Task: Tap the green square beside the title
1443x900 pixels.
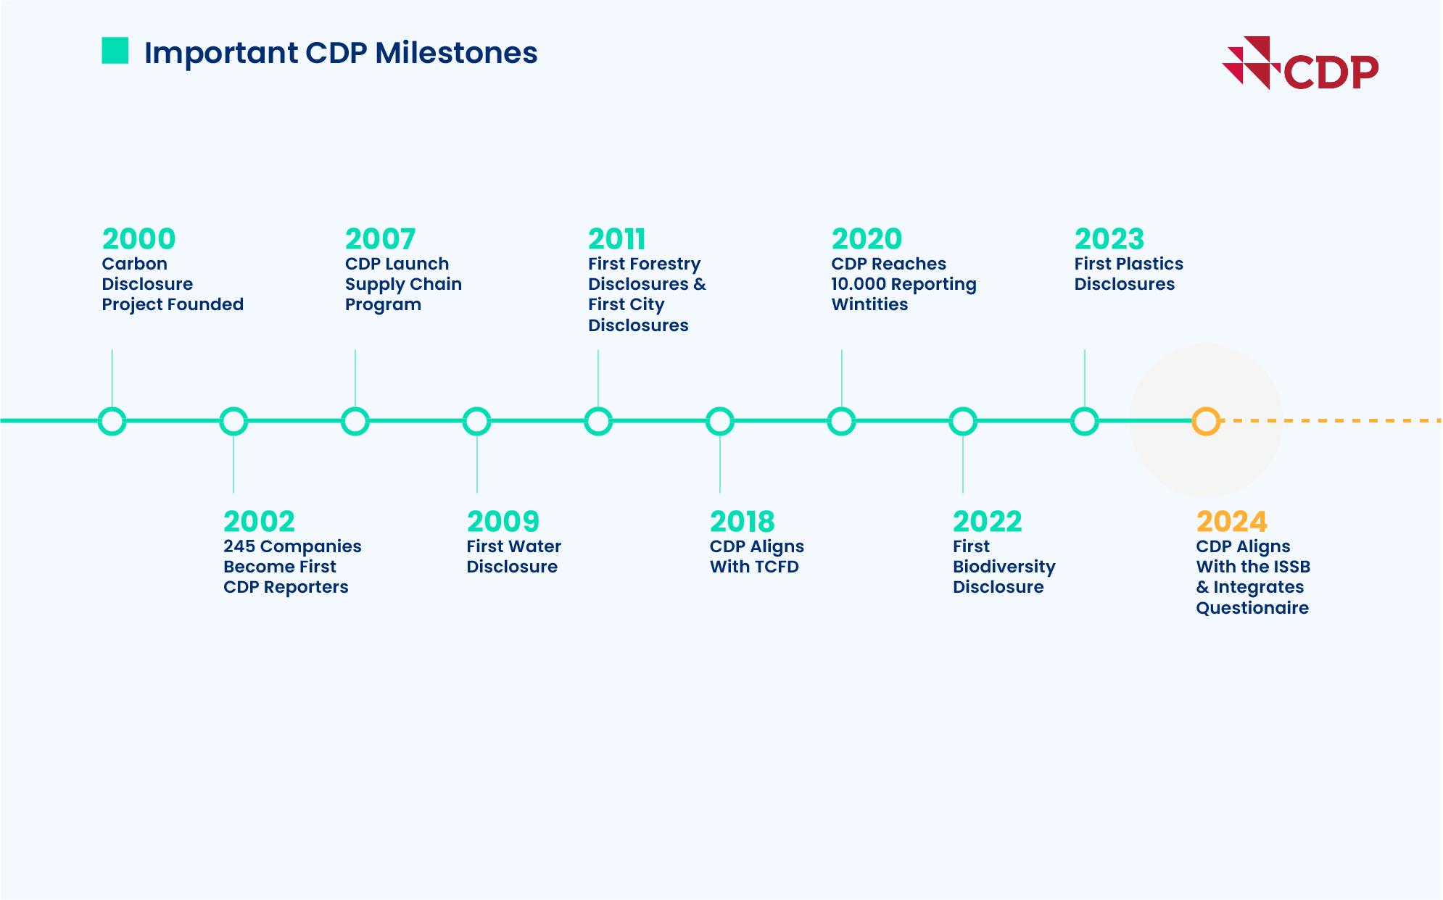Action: tap(115, 51)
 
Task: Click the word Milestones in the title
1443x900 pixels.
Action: tap(456, 53)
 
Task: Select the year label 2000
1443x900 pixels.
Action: tap(138, 238)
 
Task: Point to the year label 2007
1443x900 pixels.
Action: tap(380, 238)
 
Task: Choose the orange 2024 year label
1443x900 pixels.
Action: tap(1231, 521)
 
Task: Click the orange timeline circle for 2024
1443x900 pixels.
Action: tap(1206, 421)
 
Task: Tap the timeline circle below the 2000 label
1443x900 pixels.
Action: tap(112, 421)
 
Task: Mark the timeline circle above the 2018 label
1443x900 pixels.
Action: tap(719, 421)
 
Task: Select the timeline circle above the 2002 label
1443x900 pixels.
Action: tap(233, 421)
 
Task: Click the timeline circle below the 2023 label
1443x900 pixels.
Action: tap(1084, 421)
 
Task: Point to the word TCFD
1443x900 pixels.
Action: tap(777, 567)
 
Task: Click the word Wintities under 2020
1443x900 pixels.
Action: tap(869, 304)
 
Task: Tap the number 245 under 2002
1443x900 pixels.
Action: tap(239, 546)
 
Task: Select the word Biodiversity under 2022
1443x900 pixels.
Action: tap(1004, 567)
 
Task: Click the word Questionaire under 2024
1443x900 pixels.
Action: tap(1252, 608)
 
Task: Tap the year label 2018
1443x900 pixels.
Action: tap(742, 521)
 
